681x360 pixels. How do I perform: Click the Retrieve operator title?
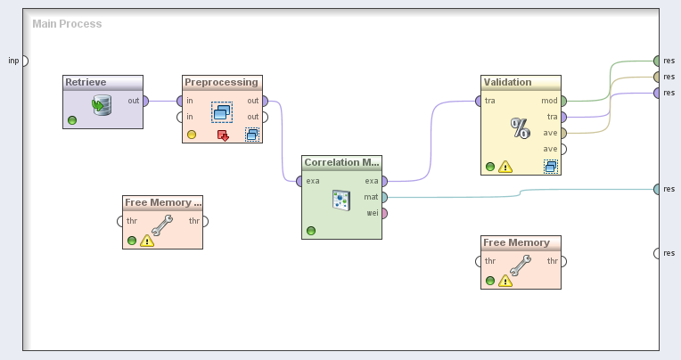coord(86,82)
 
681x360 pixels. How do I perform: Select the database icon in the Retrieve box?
coord(102,106)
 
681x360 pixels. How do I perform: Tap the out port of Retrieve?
coord(144,101)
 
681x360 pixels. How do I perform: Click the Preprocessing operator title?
coord(221,82)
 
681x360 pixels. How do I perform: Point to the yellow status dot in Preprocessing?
coord(191,135)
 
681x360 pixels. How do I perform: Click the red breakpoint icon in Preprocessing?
coord(223,135)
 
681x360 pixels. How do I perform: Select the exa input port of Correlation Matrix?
coord(299,181)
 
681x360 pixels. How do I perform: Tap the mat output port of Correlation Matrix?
coord(384,197)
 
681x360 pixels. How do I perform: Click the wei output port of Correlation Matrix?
coord(384,213)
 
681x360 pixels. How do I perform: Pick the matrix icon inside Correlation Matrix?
coord(340,200)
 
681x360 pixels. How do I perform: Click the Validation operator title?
coord(508,82)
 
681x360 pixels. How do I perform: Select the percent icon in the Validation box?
coord(520,127)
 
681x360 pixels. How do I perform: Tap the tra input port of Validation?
coord(479,101)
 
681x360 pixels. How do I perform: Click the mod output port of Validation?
coord(563,101)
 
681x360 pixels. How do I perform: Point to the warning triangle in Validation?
coord(505,167)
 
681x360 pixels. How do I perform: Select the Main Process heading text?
coord(67,23)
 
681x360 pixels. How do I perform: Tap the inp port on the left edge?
coord(24,61)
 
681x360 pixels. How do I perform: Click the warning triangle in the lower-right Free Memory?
coord(505,282)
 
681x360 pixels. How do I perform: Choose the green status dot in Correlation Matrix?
coord(310,231)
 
